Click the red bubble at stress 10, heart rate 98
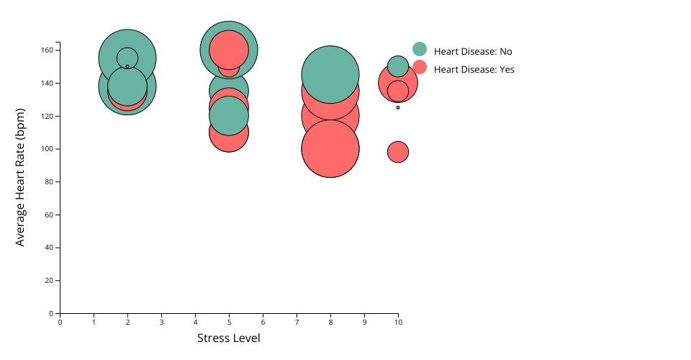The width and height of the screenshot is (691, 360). [x=398, y=152]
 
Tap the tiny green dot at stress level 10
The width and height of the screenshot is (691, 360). [x=398, y=107]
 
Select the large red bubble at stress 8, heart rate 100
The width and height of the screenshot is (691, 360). [x=330, y=149]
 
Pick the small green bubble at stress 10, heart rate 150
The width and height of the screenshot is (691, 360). [x=398, y=66]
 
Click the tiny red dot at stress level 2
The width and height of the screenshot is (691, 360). [x=127, y=66]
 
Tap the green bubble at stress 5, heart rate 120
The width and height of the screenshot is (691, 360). [x=229, y=116]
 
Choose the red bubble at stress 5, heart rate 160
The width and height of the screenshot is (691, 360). [x=229, y=49]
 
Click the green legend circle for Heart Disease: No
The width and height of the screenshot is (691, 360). [x=420, y=49]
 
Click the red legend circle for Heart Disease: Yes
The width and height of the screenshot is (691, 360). [x=420, y=67]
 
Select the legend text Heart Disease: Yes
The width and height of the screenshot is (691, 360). [x=474, y=70]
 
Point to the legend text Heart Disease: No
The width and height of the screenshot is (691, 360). [x=473, y=52]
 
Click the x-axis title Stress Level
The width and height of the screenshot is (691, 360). [x=229, y=338]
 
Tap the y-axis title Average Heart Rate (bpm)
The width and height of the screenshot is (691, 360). [x=20, y=177]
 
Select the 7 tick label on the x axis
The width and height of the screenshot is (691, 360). [x=297, y=322]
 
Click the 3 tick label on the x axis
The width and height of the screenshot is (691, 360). [x=161, y=322]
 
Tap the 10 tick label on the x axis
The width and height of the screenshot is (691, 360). [x=398, y=322]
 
